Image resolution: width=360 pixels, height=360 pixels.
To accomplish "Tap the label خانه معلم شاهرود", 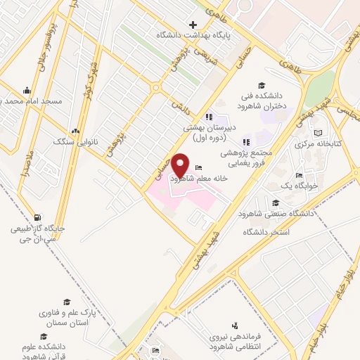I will pyautogui.click(x=200, y=179).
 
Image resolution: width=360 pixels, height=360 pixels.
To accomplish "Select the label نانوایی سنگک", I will pyautogui.click(x=74, y=141).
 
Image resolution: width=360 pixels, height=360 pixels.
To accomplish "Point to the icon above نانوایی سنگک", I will pyautogui.click(x=75, y=131).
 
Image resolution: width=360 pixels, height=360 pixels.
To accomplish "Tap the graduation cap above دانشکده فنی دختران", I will pyautogui.click(x=262, y=85).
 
